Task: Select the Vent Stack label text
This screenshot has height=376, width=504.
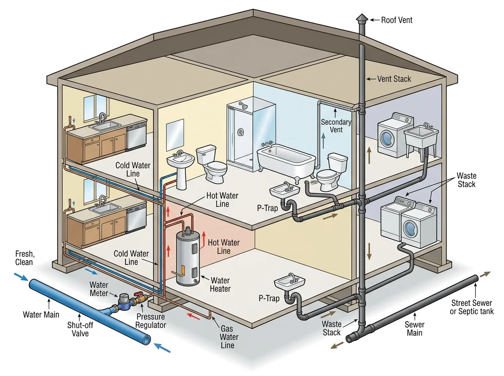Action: [x=394, y=78]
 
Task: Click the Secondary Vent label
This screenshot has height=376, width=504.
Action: [x=336, y=125]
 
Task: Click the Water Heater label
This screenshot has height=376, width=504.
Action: [x=220, y=284]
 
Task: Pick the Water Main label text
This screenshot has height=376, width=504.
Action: [x=41, y=314]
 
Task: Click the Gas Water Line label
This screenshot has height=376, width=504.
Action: [x=229, y=337]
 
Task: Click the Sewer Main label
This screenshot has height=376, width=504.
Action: [x=415, y=329]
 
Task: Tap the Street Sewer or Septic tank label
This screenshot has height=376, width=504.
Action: [x=472, y=307]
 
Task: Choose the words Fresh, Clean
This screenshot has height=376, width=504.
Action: [x=24, y=258]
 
